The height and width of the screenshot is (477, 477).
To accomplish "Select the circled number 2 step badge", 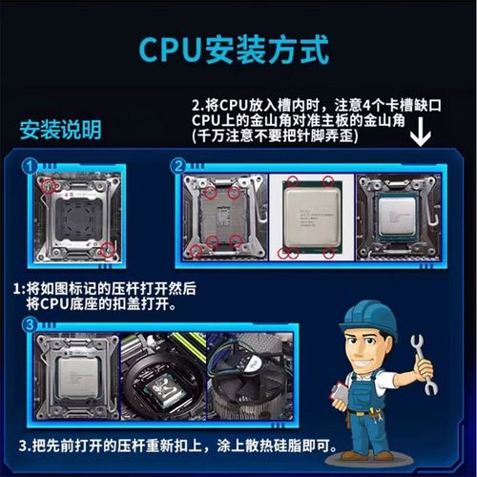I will (x=177, y=167).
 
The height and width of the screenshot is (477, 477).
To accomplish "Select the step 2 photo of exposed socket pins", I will (x=225, y=218).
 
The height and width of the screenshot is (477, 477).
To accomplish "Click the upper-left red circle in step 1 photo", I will (x=49, y=184).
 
